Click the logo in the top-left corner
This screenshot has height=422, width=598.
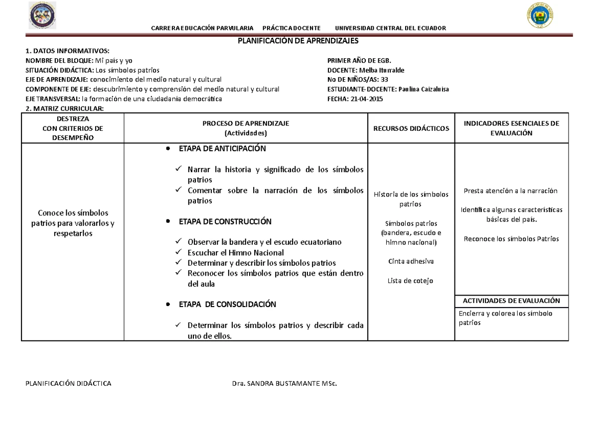[x=43, y=16]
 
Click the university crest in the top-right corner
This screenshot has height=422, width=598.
[x=540, y=16]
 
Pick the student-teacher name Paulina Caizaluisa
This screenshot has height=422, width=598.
[x=422, y=89]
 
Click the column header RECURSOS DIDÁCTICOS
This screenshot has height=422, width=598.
[x=411, y=128]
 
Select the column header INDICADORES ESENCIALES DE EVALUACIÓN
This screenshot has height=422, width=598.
[x=511, y=128]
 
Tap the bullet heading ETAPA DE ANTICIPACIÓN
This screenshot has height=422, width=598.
[x=222, y=149]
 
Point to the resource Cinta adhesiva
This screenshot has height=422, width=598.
[x=411, y=261]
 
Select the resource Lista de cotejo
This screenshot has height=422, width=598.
[x=411, y=281]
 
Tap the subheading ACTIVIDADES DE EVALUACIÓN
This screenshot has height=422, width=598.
[x=511, y=301]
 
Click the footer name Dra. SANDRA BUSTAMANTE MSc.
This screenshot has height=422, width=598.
[x=284, y=383]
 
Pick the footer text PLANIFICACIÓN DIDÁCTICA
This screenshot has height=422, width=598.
[x=68, y=383]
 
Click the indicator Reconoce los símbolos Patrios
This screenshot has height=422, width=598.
[x=511, y=239]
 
